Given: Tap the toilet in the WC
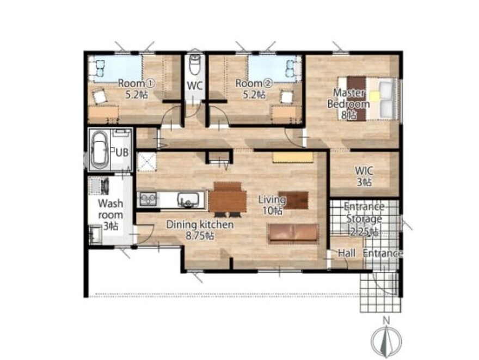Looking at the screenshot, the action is click(x=194, y=65).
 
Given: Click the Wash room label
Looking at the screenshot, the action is click(x=110, y=215).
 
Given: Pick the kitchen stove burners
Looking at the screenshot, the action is click(x=149, y=199).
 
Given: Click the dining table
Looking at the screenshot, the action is click(x=228, y=200).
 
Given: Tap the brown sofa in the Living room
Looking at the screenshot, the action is click(x=293, y=234).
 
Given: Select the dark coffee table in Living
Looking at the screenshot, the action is click(x=293, y=200).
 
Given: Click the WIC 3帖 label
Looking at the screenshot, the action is click(x=364, y=176).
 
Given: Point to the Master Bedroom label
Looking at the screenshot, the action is click(x=348, y=104).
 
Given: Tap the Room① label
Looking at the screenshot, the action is click(x=137, y=89).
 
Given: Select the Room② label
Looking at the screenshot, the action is click(x=254, y=89).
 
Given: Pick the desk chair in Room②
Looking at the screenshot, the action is click(x=287, y=97).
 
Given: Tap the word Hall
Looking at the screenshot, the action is click(x=347, y=253).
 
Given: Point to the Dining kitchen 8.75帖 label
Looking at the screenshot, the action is click(x=200, y=230).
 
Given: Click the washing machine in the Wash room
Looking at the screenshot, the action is click(x=99, y=186).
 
